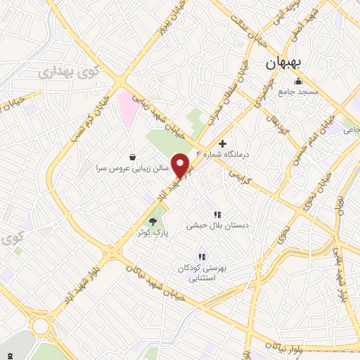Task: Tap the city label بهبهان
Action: pos(283,63)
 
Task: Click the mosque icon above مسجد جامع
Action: pos(298,80)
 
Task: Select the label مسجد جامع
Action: pos(298,92)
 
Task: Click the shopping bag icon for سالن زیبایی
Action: pos(132,156)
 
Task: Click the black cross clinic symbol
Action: pos(223,143)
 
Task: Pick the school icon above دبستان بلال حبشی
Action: pos(217,214)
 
